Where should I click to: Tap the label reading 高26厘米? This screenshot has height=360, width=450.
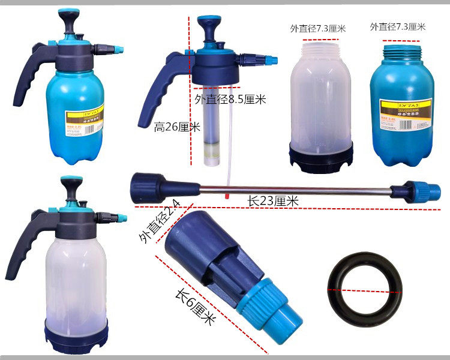(x=177, y=127)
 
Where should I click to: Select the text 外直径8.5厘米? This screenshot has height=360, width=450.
(x=230, y=100)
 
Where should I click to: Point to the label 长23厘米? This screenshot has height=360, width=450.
(x=274, y=202)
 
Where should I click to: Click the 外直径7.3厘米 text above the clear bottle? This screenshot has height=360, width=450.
(x=318, y=28)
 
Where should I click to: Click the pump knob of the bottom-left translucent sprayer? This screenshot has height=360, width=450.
(x=71, y=182)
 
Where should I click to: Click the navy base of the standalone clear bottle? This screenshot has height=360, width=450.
(x=320, y=159)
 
